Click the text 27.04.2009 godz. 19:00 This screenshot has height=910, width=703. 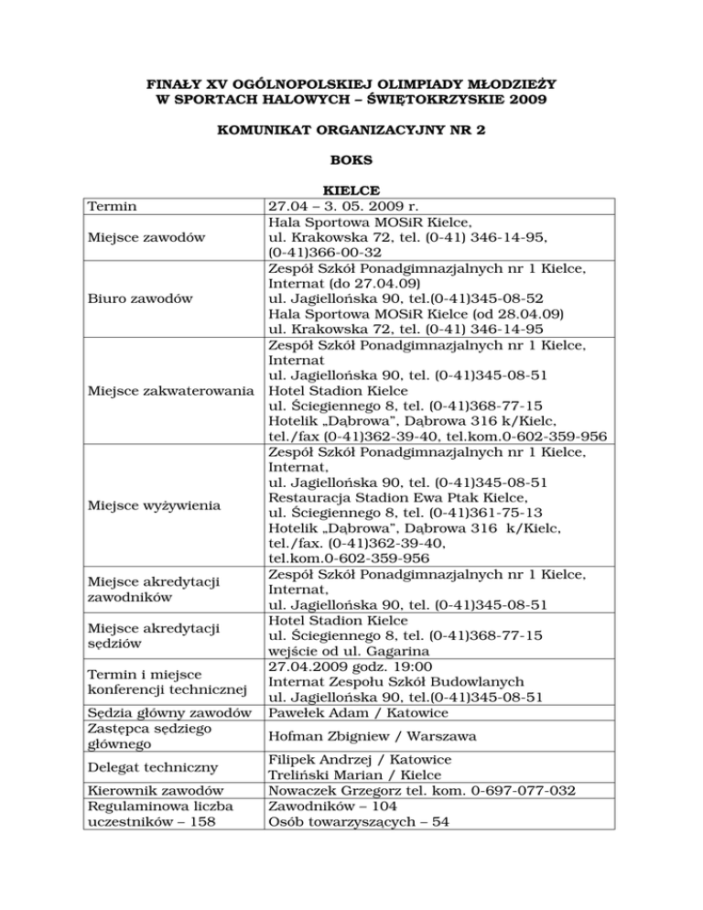[353, 666]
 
